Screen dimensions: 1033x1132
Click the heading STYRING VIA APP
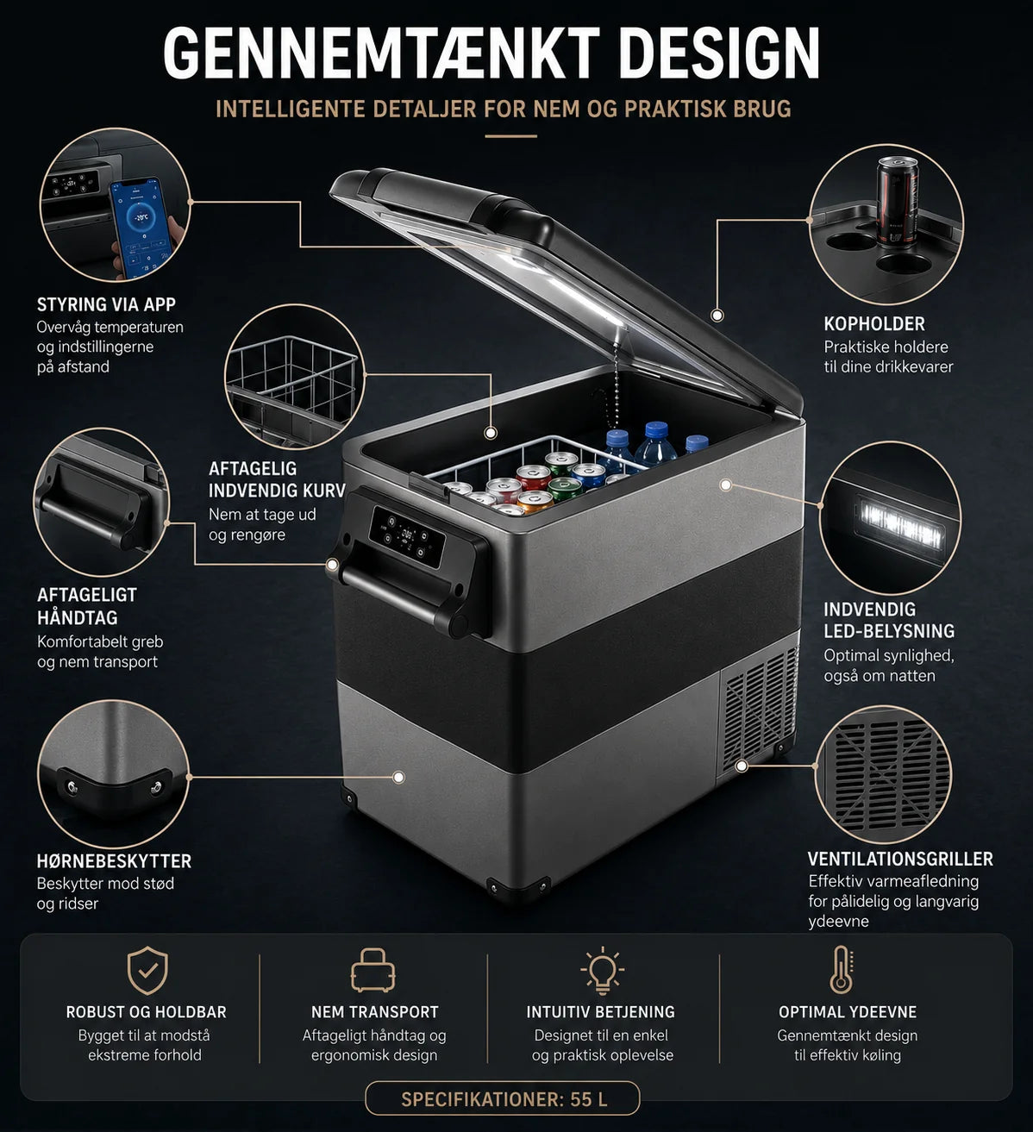[106, 304]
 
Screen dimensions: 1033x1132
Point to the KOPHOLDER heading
[874, 324]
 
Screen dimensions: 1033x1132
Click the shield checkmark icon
[147, 971]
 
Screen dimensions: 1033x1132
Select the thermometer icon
[841, 970]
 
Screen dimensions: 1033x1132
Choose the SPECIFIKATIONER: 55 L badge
[503, 1099]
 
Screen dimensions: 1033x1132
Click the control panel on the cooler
[406, 536]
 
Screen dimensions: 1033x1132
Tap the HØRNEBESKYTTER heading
[114, 861]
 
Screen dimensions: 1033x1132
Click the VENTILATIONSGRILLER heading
[900, 859]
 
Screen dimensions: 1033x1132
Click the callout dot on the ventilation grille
[742, 766]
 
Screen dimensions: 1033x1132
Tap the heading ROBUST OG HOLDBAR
[147, 1012]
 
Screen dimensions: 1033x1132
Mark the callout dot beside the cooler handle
[333, 565]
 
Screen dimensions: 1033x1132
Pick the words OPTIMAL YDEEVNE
[848, 1012]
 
